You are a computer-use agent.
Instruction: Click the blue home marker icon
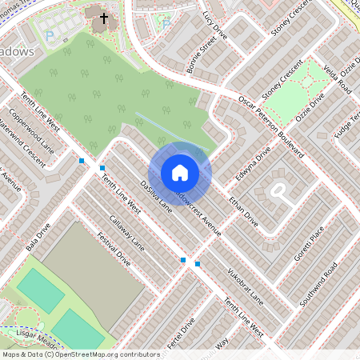(180, 173)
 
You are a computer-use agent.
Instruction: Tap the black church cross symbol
(102, 17)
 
